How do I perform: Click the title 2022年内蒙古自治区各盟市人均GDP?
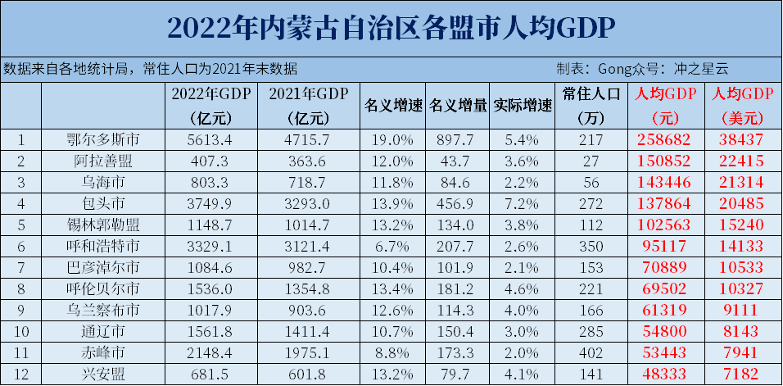(391, 29)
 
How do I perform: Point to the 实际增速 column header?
(523, 106)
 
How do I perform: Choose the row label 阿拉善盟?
(102, 161)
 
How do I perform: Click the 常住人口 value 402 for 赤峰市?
(590, 352)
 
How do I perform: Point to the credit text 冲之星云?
(700, 70)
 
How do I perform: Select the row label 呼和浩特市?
(102, 246)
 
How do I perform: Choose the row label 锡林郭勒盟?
(102, 225)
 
